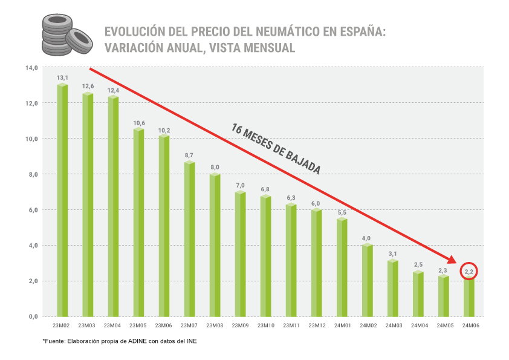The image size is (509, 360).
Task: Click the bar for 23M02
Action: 62,200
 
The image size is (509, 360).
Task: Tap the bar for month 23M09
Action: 240,254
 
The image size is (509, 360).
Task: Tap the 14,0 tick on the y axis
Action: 31,67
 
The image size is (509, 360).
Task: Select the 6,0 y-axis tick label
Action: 31,210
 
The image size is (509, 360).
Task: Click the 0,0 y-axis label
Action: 31,316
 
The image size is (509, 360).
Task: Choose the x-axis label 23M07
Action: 189,326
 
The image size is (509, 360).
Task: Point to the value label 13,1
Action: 62,78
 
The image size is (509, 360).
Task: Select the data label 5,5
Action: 342,213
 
